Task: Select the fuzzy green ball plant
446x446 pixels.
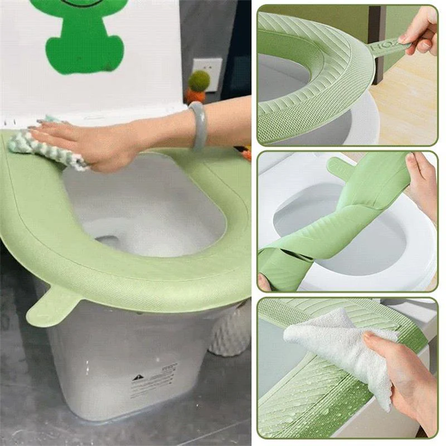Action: click(198, 81)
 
